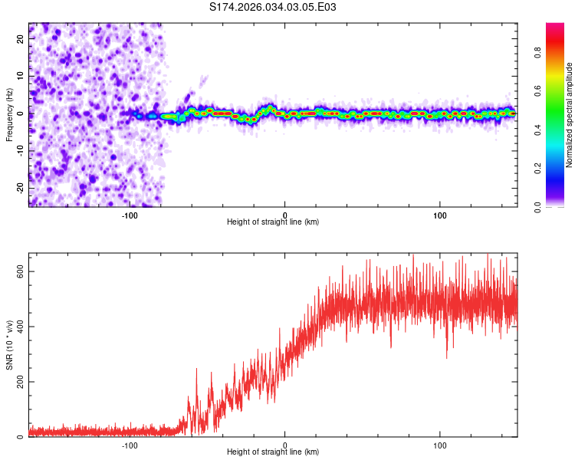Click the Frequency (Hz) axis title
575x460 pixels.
pos(10,114)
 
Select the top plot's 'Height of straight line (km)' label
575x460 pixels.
pos(273,222)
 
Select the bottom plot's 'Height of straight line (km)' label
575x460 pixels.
pos(273,452)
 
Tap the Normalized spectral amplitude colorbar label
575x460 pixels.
pos(569,115)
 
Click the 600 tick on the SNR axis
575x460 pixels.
pos(22,271)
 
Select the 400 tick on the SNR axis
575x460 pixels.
pos(22,327)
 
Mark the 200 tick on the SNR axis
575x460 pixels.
pos(22,382)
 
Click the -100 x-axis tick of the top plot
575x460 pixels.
pos(130,214)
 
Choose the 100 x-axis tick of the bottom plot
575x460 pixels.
pos(440,444)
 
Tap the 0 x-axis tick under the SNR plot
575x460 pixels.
pos(285,444)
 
